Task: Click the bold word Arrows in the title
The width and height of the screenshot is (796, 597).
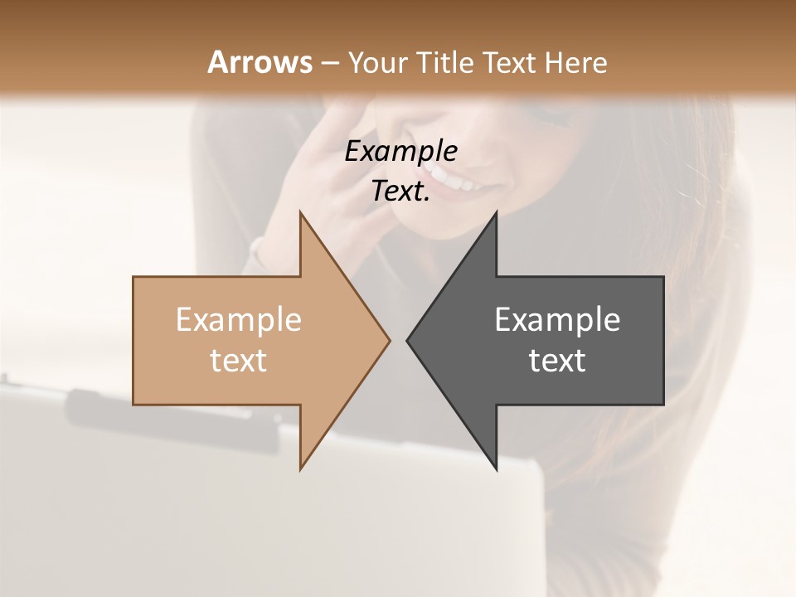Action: point(260,62)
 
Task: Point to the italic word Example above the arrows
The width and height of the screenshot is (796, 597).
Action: point(400,151)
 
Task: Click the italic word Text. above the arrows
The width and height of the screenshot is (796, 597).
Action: point(400,192)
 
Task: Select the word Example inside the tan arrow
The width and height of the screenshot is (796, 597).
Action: point(239,319)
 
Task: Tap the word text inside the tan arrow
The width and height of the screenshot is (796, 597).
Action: point(239,360)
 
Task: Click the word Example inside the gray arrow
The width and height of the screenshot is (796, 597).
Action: point(557,319)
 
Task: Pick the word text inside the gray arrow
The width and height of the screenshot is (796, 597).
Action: point(557,360)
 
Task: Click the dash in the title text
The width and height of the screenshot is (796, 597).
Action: point(329,63)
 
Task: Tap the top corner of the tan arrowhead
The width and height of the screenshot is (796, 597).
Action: point(301,214)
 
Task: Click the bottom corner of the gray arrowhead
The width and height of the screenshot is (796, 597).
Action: point(496,468)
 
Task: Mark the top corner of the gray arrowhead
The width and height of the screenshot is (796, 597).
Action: point(496,214)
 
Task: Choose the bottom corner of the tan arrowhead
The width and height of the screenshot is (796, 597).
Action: point(301,468)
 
